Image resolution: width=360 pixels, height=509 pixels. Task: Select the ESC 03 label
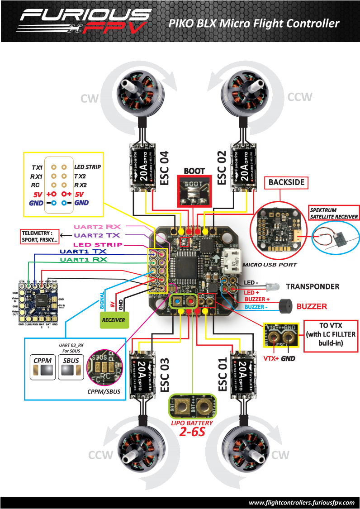point(165,375)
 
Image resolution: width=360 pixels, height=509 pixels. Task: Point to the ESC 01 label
point(222,375)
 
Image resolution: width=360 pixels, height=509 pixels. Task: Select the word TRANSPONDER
point(312,286)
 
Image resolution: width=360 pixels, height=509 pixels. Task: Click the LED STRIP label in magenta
point(92,244)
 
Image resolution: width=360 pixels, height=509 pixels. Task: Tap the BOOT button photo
point(194,190)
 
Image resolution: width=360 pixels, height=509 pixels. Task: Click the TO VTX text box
point(331,335)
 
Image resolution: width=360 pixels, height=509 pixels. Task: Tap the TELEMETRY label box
point(40,236)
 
